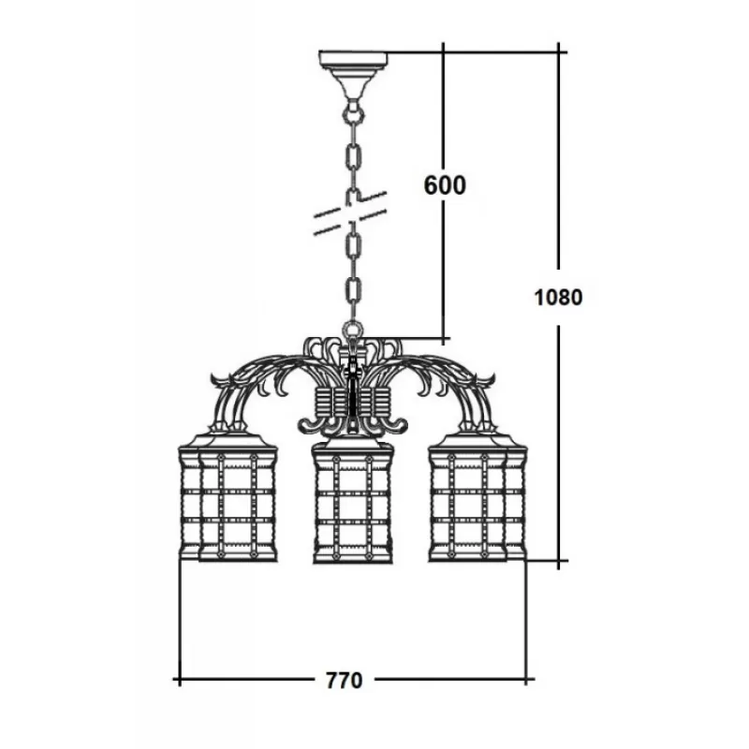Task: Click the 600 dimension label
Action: click(444, 185)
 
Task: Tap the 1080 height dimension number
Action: click(558, 297)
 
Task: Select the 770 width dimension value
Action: click(344, 681)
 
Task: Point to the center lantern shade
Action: click(353, 503)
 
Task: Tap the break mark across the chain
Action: click(350, 213)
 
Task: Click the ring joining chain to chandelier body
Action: click(353, 330)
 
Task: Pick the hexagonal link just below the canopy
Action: click(354, 115)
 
